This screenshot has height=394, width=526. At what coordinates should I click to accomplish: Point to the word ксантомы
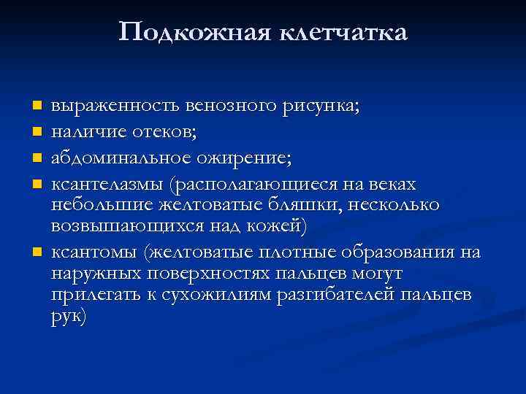coord(94,252)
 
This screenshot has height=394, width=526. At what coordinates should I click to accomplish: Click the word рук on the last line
coord(69,317)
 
